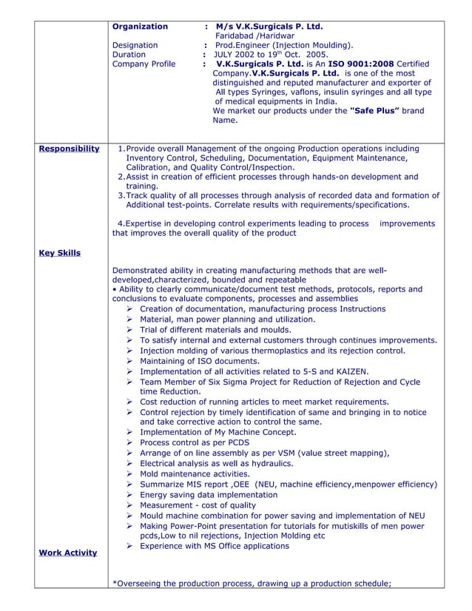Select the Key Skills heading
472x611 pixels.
[59, 254]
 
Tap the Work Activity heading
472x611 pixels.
[67, 553]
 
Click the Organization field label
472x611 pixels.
[140, 27]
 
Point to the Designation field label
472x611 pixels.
[135, 45]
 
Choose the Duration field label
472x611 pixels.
[129, 55]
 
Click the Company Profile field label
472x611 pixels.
[144, 64]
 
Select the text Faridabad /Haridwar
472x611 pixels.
[254, 36]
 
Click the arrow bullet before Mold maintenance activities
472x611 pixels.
[129, 474]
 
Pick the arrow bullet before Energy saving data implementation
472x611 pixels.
[129, 495]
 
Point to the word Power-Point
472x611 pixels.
[200, 526]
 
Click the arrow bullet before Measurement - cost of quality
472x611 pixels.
[129, 505]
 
